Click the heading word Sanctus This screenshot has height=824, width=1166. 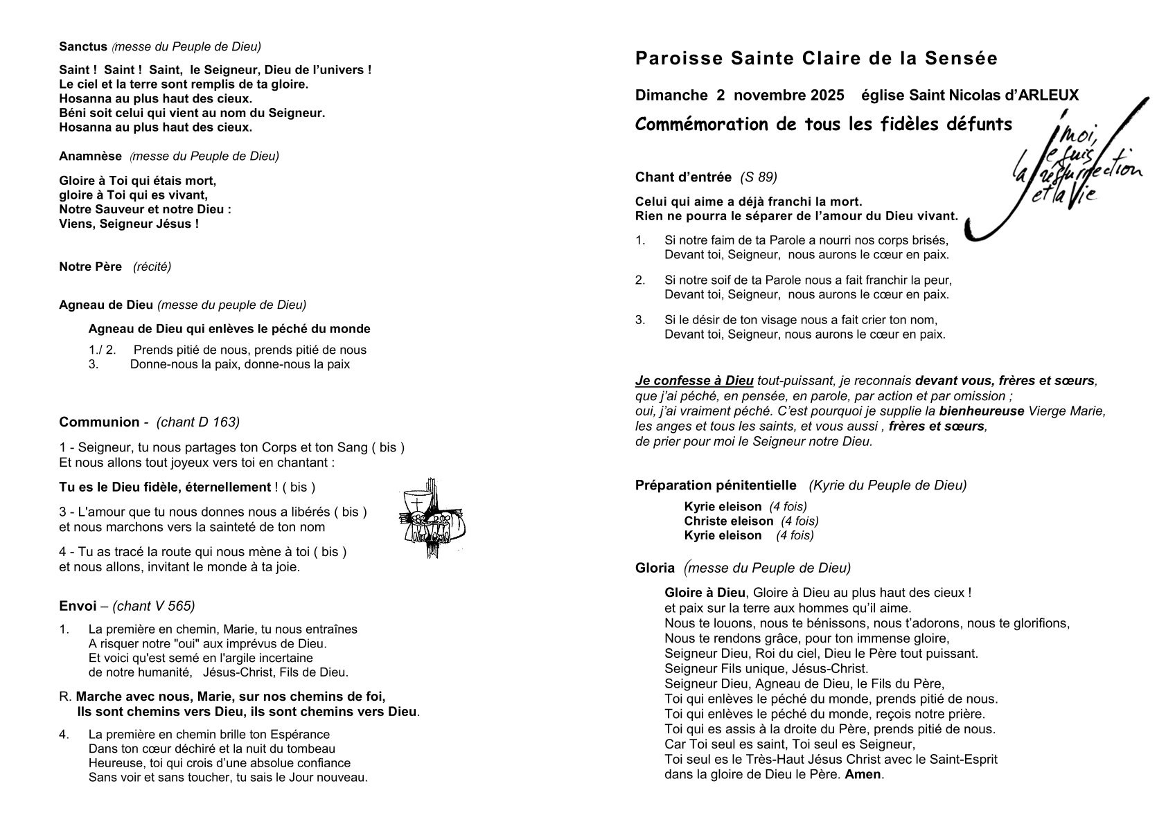(x=83, y=47)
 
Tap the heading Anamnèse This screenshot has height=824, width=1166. (x=90, y=156)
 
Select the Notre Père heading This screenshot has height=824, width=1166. (x=90, y=267)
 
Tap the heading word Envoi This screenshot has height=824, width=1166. (x=78, y=607)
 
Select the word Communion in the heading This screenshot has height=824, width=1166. (x=99, y=422)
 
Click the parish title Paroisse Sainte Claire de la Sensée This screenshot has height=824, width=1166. (x=816, y=59)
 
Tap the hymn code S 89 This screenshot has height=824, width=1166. (x=758, y=177)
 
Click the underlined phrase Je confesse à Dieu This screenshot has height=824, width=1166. (x=694, y=381)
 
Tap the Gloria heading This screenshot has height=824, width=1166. (x=655, y=568)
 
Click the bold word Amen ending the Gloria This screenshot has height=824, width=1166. (x=863, y=774)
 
